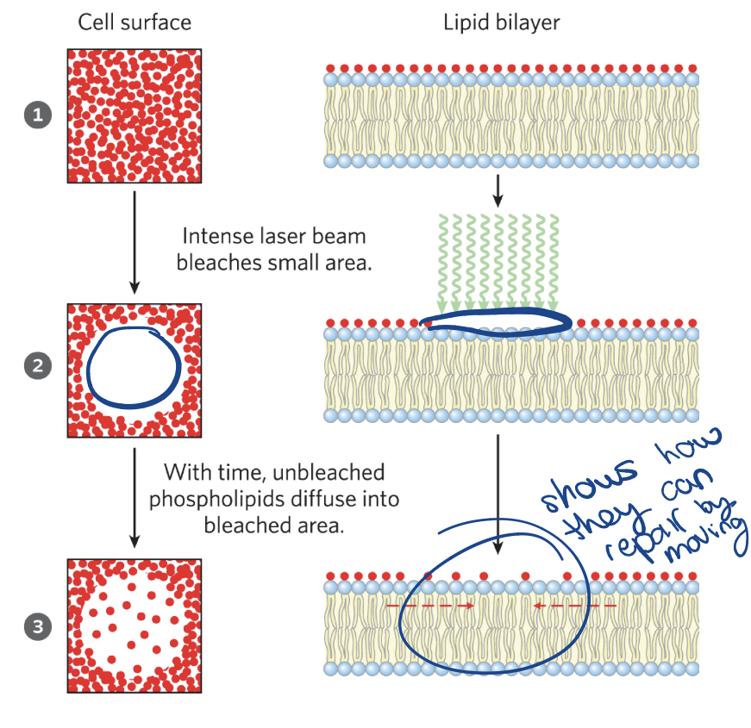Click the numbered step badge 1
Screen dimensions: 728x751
pyautogui.click(x=37, y=115)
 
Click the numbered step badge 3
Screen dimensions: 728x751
pyautogui.click(x=37, y=626)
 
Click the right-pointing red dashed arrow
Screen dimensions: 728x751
pyautogui.click(x=431, y=607)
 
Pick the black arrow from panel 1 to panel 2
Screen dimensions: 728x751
pyautogui.click(x=135, y=241)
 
